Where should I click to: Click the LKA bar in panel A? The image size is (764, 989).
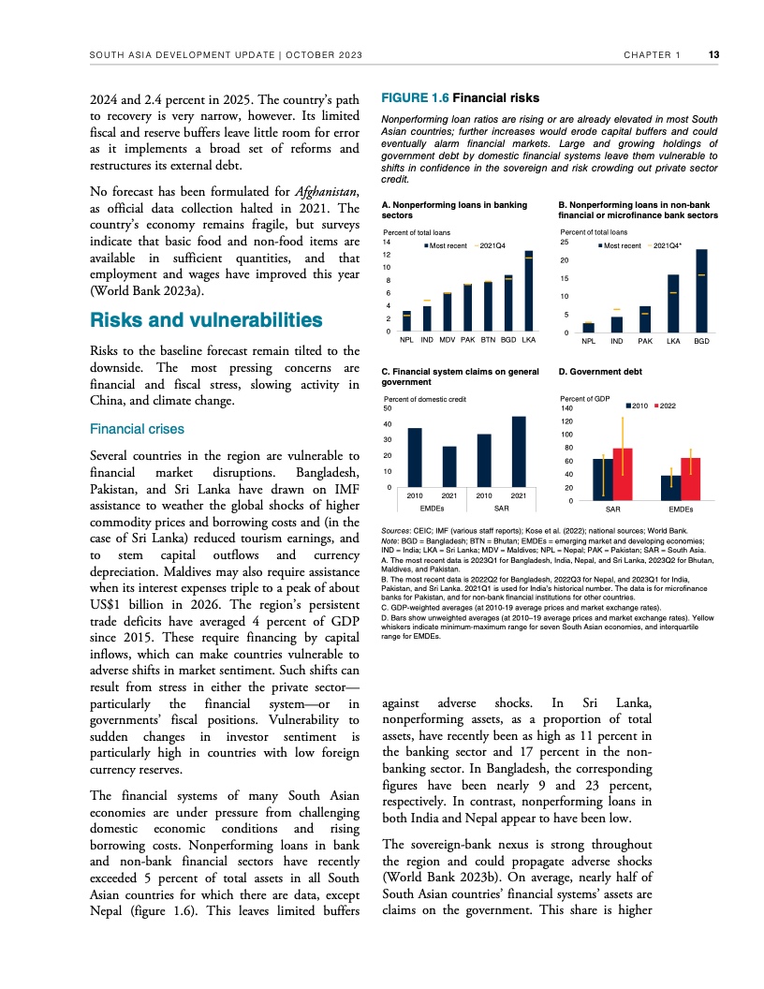(529, 291)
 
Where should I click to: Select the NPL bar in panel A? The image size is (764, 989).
(406, 321)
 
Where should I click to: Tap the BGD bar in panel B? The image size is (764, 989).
(701, 291)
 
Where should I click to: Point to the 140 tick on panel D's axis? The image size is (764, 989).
(566, 408)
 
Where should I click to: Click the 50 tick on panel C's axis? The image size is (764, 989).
(389, 408)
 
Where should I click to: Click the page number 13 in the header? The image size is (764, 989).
(713, 55)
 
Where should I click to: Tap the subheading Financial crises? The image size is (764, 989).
(137, 429)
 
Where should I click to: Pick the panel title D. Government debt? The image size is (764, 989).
(600, 372)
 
